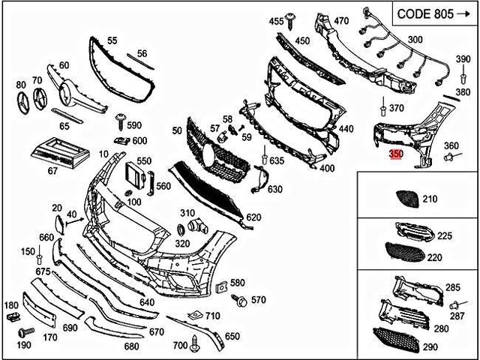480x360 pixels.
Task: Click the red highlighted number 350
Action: click(396, 154)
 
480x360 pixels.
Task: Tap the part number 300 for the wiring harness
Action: click(414, 39)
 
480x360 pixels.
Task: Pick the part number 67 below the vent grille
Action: click(52, 172)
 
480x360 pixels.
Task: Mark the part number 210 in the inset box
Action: click(429, 199)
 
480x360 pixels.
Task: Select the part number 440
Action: click(346, 129)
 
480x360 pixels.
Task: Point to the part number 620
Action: click(253, 217)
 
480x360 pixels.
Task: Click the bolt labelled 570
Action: click(241, 301)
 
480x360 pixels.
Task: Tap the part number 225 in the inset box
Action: click(445, 235)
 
